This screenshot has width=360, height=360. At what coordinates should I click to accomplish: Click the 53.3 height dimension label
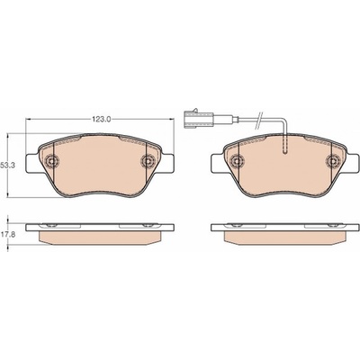coord(5,165)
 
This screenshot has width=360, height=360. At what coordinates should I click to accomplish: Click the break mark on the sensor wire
coord(259,121)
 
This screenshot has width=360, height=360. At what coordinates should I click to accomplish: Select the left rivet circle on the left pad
coord(51,161)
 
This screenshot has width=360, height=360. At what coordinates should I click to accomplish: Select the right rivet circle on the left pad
coord(147,161)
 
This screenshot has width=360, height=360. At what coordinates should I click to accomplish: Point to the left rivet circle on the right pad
coord(236,161)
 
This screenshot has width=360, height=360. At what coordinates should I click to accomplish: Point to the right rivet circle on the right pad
coord(332,161)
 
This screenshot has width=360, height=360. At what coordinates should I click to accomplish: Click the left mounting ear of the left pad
coord(33,163)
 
